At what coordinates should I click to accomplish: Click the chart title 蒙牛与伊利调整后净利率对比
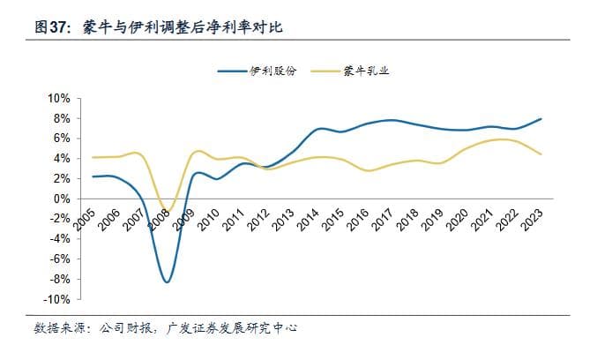tap(192, 28)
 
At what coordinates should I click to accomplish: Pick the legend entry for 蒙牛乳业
tap(366, 70)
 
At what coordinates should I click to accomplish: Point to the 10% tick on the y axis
tap(57, 98)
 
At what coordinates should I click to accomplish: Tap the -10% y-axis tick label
tap(56, 300)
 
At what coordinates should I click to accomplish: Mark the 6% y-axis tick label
tap(60, 139)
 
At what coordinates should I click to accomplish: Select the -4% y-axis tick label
tap(58, 239)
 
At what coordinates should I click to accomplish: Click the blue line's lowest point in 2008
tap(167, 281)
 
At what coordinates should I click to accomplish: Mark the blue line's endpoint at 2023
tap(541, 118)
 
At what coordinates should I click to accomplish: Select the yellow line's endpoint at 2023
tap(541, 154)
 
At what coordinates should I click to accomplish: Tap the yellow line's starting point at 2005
tap(93, 157)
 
